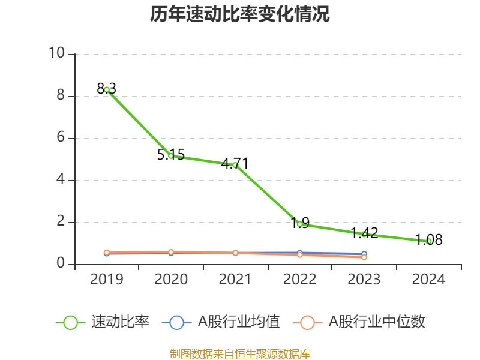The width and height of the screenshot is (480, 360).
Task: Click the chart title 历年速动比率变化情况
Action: coord(239,14)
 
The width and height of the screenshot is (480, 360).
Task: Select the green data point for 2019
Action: coord(107,90)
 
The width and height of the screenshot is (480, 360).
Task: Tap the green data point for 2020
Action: coord(171,156)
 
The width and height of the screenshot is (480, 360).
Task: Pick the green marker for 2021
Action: coord(235,166)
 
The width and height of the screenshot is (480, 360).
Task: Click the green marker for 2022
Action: coord(299,224)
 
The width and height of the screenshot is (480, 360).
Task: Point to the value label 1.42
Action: coord(364,233)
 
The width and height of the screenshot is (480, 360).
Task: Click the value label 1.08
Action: coord(428,239)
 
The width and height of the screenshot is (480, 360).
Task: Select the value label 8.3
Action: coord(107,89)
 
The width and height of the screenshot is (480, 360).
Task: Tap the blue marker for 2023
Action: coord(364,254)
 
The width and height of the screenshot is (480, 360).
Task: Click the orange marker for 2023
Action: coord(364,257)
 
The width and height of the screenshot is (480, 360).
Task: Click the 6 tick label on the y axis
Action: coord(61,137)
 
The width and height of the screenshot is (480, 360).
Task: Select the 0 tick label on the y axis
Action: coord(61,263)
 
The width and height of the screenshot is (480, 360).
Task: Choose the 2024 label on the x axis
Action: coord(428,280)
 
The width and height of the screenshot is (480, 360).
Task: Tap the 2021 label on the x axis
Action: coord(235,280)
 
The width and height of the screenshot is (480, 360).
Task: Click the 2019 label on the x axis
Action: coord(107,280)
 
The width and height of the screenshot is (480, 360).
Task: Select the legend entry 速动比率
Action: coord(102,322)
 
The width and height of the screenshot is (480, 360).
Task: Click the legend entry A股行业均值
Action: coord(221,322)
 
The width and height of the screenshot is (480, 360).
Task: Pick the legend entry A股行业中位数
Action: coord(359,322)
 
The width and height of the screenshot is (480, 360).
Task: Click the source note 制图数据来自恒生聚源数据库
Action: coord(240,354)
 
